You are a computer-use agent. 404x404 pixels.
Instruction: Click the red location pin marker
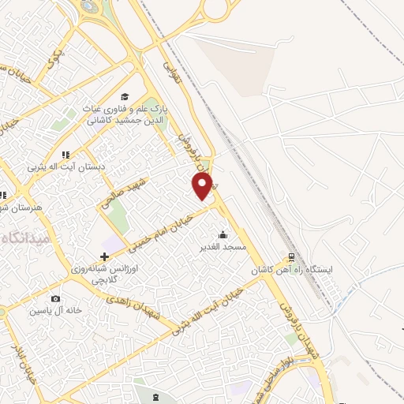tap(202, 186)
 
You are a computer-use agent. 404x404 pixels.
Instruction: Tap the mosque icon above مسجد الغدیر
tap(223, 234)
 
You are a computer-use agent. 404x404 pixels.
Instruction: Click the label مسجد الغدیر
tap(223, 247)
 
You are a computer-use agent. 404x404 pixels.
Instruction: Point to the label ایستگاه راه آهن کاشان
tap(293, 270)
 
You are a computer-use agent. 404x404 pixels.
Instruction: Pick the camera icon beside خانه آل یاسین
tap(55, 298)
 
